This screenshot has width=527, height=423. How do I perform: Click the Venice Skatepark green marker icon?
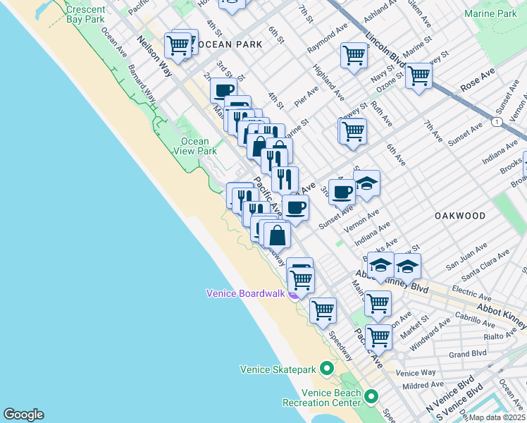click(326, 369)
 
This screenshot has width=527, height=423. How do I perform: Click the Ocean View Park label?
click(195, 146)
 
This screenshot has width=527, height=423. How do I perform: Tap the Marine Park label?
click(490, 13)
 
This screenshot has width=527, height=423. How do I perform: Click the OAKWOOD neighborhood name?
click(459, 216)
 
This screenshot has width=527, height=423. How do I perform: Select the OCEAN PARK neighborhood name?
click(230, 44)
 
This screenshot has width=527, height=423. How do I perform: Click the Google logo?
click(23, 415)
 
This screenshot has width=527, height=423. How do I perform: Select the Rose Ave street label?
click(478, 79)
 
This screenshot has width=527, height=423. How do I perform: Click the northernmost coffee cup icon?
click(224, 90)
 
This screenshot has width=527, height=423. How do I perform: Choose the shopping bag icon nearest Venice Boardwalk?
click(278, 233)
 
